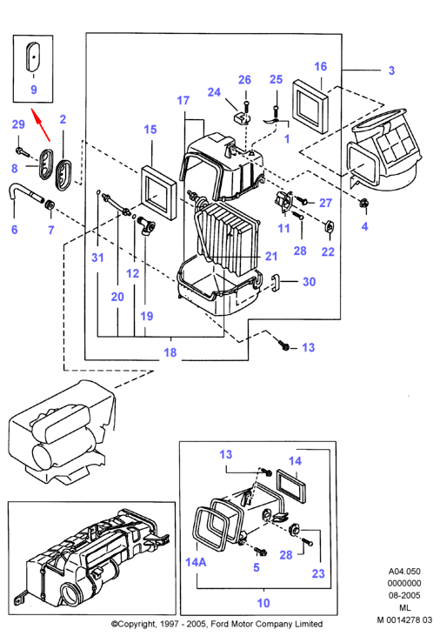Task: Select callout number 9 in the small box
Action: [34, 90]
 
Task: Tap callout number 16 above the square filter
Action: [320, 66]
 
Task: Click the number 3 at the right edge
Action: [391, 70]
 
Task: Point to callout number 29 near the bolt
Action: [18, 124]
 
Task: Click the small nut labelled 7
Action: [50, 204]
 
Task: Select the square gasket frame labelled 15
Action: [159, 193]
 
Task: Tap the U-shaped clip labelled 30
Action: [276, 282]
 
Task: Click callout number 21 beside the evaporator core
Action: [271, 257]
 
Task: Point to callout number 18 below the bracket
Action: [170, 352]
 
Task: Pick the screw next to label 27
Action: [303, 200]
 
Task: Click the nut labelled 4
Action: [363, 204]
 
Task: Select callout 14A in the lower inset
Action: [196, 562]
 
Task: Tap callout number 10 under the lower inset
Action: [263, 603]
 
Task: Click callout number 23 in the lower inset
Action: [318, 573]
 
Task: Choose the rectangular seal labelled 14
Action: [290, 486]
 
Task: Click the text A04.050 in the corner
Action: [404, 571]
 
